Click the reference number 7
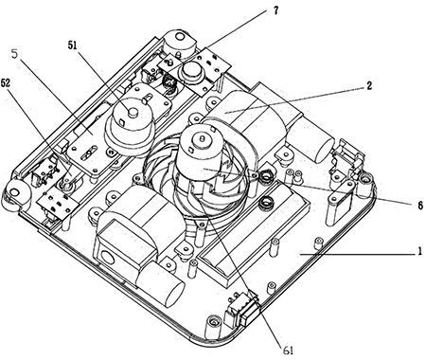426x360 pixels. tap(276, 10)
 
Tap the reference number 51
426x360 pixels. tap(73, 45)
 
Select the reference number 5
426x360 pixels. tap(14, 54)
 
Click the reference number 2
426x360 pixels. tap(369, 85)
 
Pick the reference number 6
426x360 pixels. tap(420, 206)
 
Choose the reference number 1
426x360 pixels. tap(420, 251)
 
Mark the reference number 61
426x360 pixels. tap(288, 350)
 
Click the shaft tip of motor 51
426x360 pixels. tap(133, 112)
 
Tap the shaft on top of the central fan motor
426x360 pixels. tap(201, 138)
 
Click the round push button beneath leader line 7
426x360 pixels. tap(189, 72)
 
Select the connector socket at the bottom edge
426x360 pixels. tap(242, 310)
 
